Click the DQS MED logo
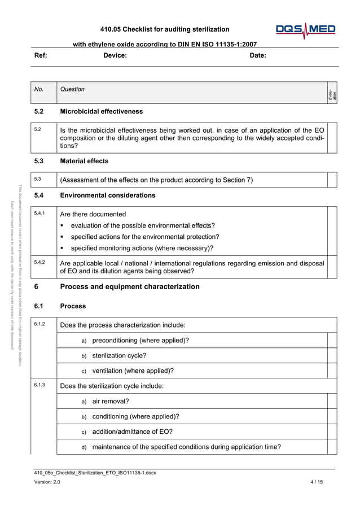tap(305, 30)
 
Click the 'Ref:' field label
tap(41, 55)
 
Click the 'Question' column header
tap(72, 89)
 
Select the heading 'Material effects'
tap(84, 161)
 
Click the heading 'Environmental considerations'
tap(107, 195)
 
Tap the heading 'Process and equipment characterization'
tap(129, 287)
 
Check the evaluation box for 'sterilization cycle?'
tap(332, 356)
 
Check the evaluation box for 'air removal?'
tap(332, 402)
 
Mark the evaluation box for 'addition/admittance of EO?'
tap(332, 432)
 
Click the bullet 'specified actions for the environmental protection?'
tap(144, 237)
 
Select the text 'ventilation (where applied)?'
tap(133, 371)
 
